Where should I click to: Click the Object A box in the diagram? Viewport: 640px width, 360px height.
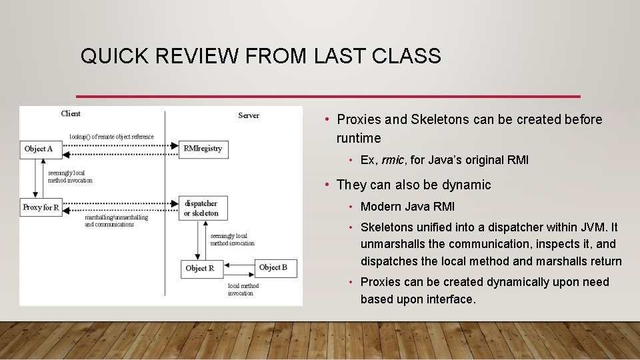[38, 149]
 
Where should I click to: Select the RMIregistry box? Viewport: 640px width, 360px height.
[203, 149]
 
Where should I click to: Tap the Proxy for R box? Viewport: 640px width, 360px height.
[41, 207]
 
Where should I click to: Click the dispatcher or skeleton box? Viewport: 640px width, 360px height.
[202, 208]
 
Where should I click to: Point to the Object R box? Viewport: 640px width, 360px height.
[200, 268]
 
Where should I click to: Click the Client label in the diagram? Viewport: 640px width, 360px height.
[71, 114]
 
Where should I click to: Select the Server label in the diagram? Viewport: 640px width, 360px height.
[249, 115]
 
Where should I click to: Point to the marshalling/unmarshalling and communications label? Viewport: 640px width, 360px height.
[116, 221]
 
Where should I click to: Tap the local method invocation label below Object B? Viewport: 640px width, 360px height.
[243, 289]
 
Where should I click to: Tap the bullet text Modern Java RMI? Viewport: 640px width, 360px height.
[407, 207]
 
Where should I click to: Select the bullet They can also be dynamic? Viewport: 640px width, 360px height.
[413, 185]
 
